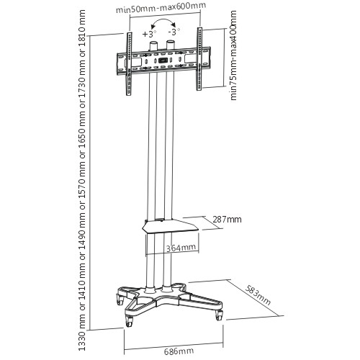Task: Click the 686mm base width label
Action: pyautogui.click(x=179, y=351)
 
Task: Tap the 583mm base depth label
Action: pyautogui.click(x=258, y=294)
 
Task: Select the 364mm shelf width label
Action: pyautogui.click(x=181, y=248)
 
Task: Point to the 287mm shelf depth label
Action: pyautogui.click(x=227, y=220)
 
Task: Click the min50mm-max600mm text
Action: pyautogui.click(x=161, y=9)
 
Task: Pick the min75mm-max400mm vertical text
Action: pyautogui.click(x=233, y=55)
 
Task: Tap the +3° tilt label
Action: pyautogui.click(x=149, y=34)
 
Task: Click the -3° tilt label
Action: pyautogui.click(x=174, y=32)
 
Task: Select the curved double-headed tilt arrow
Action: pyautogui.click(x=163, y=20)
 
